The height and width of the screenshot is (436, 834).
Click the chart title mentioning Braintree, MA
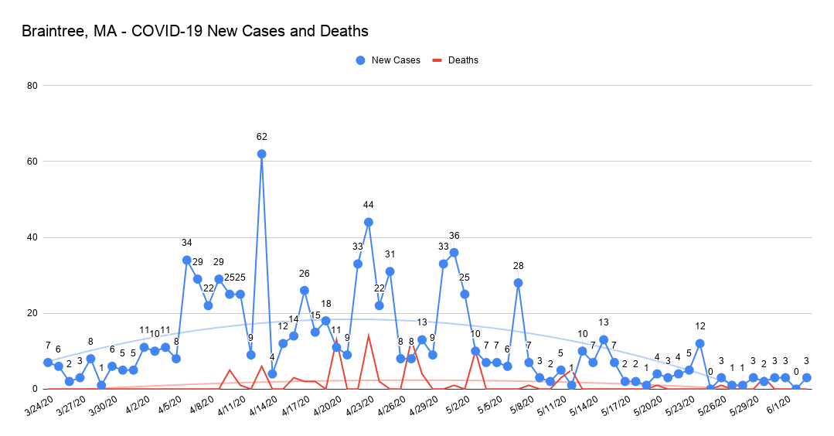click(x=195, y=32)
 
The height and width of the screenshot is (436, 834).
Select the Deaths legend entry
click(x=455, y=60)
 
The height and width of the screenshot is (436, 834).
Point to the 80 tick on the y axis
click(x=32, y=85)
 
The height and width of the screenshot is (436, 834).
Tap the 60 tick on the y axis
click(x=32, y=162)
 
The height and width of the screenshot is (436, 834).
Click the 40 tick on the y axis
click(x=32, y=237)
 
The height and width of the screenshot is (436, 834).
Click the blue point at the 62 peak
click(x=261, y=154)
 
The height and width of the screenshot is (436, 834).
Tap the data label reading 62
click(x=261, y=137)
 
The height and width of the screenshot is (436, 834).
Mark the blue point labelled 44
click(x=369, y=222)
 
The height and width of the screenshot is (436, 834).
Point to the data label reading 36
click(x=454, y=236)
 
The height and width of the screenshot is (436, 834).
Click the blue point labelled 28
click(x=518, y=283)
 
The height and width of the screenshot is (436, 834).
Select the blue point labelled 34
click(x=186, y=260)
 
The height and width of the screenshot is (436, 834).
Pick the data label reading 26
click(x=305, y=274)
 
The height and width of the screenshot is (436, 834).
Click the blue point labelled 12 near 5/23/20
click(x=700, y=343)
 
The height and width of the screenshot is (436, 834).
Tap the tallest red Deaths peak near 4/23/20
click(x=369, y=336)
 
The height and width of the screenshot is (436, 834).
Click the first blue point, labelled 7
click(x=48, y=363)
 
